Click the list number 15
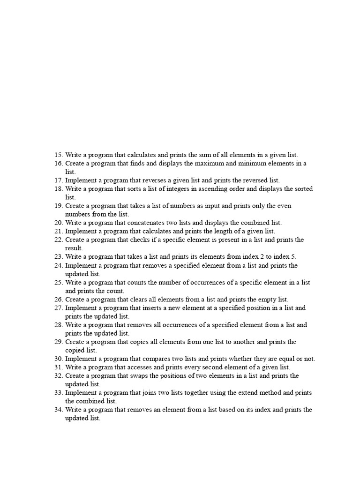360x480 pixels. point(59,155)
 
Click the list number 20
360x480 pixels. point(59,223)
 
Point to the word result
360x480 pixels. point(74,248)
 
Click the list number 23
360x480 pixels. point(59,256)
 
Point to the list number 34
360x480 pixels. point(59,409)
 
